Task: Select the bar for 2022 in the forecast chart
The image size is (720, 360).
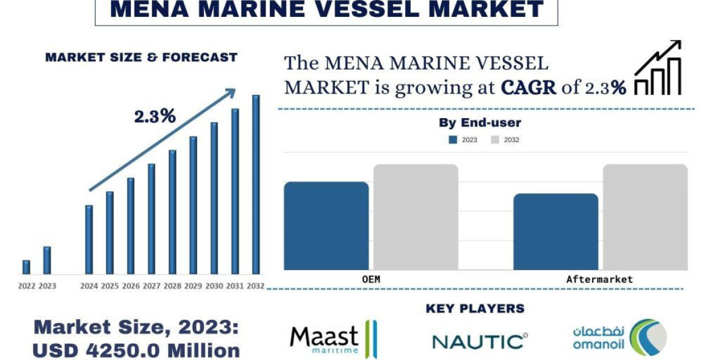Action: coord(26,267)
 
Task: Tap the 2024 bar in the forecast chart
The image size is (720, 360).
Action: coord(89,239)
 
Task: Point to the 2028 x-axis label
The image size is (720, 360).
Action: coord(172,286)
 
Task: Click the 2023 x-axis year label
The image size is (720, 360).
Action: coord(47,286)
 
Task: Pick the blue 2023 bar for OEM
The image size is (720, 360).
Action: coord(326,226)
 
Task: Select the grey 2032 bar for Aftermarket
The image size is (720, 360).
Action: coord(645,217)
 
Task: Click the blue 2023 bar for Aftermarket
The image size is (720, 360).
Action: coord(556,232)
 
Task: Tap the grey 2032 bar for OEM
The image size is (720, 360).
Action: coord(416,217)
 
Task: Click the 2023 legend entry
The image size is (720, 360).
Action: coord(463,140)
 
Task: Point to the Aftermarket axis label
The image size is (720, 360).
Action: coord(599,280)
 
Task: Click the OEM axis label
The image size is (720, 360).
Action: coord(371,280)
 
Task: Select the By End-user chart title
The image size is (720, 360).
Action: coord(480,123)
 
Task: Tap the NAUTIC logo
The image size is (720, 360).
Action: coord(480,341)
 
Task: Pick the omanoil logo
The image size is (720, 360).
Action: coord(619,338)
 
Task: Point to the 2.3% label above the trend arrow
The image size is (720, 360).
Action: coord(155,116)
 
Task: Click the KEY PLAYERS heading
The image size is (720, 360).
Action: coord(475,308)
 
